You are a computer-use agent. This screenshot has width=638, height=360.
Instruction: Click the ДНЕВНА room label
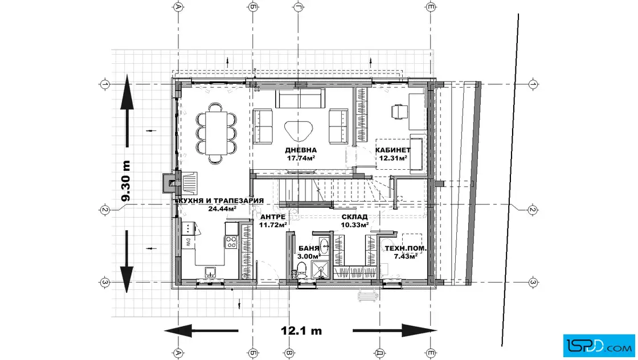point(301,150)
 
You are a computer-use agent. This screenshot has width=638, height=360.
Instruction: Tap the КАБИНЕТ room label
point(392,150)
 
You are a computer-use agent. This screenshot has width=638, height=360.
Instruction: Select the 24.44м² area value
point(222,208)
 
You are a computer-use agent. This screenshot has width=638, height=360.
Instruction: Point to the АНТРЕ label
point(273,217)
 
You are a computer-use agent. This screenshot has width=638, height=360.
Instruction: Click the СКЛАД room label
point(354,217)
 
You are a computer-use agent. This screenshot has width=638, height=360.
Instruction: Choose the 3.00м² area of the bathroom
point(309,256)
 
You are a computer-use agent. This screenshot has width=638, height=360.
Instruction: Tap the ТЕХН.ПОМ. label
point(406,248)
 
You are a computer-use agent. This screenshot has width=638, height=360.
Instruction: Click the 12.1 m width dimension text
point(301,330)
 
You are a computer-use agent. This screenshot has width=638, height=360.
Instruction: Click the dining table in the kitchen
point(216,133)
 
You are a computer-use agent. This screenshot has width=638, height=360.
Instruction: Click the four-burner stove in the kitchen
point(231,242)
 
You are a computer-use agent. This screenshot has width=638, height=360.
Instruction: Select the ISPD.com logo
point(599,346)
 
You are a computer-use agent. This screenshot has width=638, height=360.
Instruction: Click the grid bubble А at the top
point(178,6)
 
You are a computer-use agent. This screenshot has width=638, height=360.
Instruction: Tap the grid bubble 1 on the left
point(105,84)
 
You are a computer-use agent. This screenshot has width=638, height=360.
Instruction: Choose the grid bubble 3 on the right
point(533,282)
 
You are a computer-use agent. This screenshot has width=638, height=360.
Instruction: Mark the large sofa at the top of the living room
point(300,99)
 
